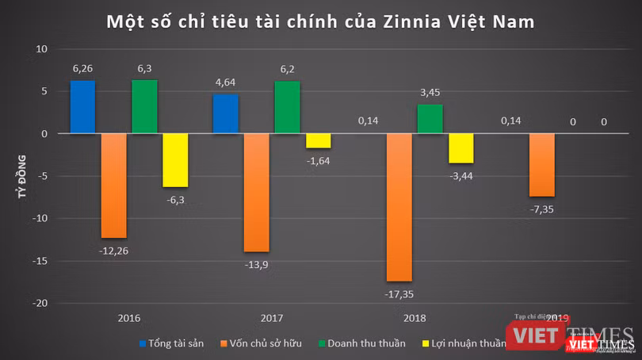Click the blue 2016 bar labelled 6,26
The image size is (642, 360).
pos(82,107)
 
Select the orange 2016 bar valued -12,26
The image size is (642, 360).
pos(113,186)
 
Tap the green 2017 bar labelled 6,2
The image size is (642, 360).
pos(287,108)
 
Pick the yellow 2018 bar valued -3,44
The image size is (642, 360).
pos(460,148)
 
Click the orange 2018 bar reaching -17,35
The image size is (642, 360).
pos(399,207)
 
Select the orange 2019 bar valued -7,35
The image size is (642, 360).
pos(541,165)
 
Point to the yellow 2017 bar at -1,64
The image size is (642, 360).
pos(318,141)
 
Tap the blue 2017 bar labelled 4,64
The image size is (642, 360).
pos(225,114)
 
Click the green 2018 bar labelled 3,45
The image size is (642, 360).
pos(430,119)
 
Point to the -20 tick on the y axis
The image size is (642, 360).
pos(41,303)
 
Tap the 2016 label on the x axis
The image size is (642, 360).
pos(128,318)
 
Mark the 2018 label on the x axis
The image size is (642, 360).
pos(414,318)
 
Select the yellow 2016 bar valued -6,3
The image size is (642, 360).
pos(175,160)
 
